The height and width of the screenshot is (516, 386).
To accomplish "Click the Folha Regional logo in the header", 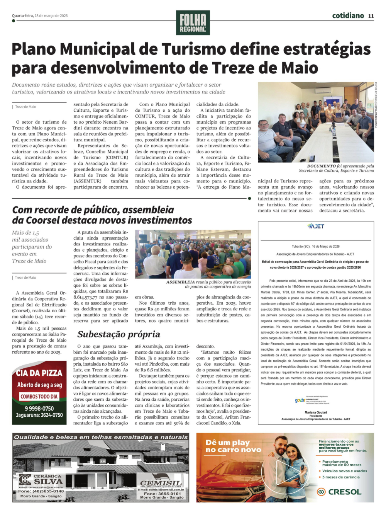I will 193,23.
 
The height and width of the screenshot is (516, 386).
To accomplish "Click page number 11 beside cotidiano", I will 371,16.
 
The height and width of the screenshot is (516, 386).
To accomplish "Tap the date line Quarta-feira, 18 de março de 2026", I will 40,16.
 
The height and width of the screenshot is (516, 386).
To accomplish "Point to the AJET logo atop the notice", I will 316,226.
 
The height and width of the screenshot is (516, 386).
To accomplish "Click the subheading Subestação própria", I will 119,334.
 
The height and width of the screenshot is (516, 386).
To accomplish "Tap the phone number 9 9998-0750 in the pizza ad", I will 39,408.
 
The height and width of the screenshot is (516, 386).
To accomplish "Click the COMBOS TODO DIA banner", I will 39,396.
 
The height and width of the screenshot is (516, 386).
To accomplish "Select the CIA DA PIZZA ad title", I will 39,373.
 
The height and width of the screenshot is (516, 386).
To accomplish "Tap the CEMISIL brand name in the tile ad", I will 161,483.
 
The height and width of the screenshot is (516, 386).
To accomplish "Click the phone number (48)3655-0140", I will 46,491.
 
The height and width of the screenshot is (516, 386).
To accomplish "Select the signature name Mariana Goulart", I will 315,412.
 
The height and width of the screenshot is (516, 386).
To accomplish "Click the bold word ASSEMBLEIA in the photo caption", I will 180,282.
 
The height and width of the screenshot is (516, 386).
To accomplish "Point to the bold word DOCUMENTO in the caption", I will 321,166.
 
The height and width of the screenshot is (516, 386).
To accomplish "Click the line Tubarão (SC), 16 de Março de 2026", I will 315,246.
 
